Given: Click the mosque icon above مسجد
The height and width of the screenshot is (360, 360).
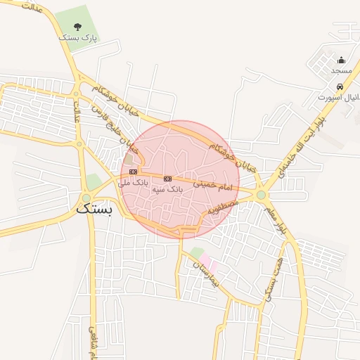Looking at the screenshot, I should pyautogui.click(x=341, y=60).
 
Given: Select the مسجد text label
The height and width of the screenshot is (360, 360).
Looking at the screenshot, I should pyautogui.click(x=341, y=71).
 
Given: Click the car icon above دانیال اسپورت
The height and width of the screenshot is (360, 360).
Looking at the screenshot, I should pyautogui.click(x=340, y=86).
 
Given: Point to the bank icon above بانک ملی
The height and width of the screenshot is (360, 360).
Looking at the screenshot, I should pyautogui.click(x=134, y=172).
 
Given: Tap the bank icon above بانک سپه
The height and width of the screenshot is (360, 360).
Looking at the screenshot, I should pyautogui.click(x=167, y=179).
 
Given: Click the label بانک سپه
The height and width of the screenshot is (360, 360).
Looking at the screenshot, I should pyautogui.click(x=167, y=190).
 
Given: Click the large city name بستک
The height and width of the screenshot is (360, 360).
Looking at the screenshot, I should pyautogui.click(x=93, y=208).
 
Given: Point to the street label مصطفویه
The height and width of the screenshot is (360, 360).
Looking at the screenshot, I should pyautogui.click(x=224, y=207).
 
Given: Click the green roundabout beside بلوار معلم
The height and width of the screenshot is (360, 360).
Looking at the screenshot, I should pyautogui.click(x=262, y=195).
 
